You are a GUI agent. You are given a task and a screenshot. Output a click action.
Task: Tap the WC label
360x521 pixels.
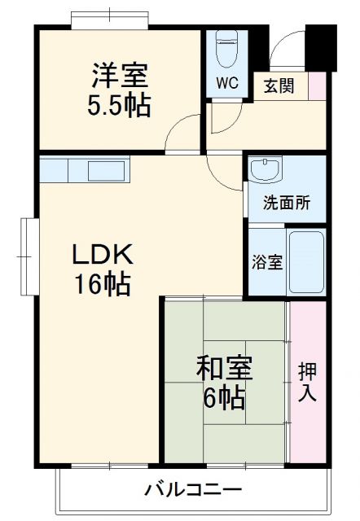226,83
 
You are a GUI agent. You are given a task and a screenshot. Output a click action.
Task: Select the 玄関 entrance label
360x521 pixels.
279,85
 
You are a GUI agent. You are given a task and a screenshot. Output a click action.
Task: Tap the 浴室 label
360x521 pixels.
266,262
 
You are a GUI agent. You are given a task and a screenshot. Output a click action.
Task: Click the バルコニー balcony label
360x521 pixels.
193,490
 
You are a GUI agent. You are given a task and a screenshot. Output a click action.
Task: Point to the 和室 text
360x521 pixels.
223,368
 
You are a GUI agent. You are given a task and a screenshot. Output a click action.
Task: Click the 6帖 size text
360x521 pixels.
222,398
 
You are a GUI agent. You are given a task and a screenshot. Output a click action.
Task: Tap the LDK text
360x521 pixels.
102,255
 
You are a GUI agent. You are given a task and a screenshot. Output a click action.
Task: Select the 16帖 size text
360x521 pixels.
103,286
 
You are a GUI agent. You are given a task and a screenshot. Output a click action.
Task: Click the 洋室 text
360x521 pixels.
120,77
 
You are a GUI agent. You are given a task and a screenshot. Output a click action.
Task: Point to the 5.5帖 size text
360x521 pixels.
120,106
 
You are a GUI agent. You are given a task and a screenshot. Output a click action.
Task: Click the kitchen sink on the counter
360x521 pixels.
106,171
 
